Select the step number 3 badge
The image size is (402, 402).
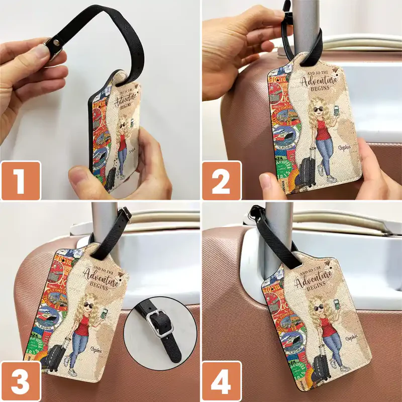tap(21, 380)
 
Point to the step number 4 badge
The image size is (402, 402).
tap(221, 380)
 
